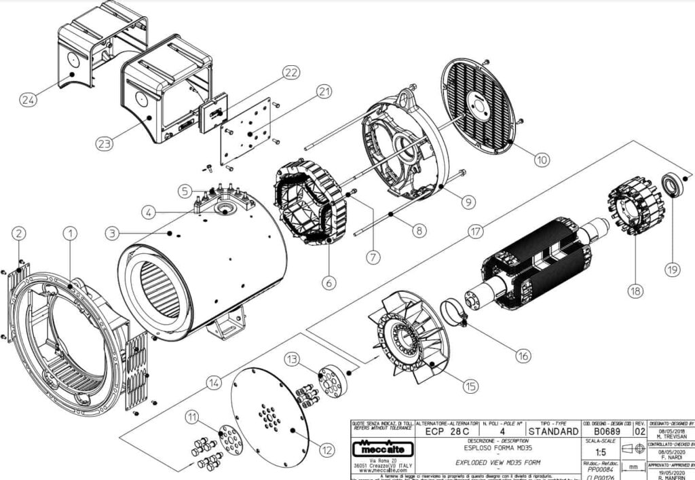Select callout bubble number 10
click(541, 160)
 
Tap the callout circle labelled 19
click(672, 270)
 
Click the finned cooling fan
click(406, 337)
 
